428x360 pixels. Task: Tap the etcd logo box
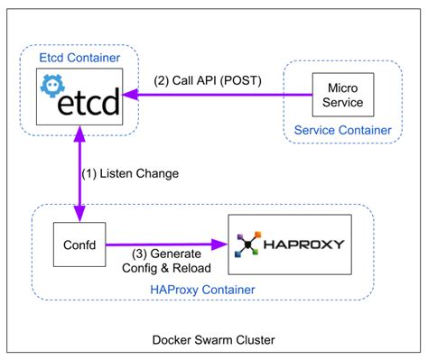pos(79,96)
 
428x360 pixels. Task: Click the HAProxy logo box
pos(288,244)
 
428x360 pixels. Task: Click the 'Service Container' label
pos(343,131)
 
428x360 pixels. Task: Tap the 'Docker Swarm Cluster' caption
pos(214,339)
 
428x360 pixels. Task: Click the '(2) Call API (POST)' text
pos(209,79)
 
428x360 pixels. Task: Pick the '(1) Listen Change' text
pos(130,171)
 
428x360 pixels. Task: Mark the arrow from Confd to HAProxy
pos(167,244)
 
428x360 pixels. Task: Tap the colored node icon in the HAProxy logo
pos(247,244)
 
